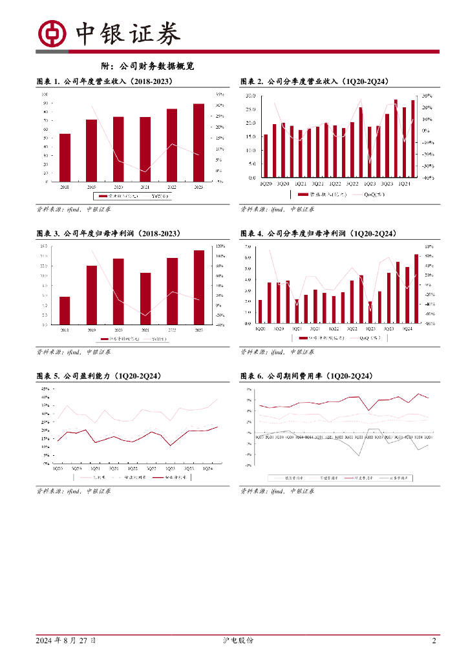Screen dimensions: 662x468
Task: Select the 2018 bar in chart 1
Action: (x=65, y=157)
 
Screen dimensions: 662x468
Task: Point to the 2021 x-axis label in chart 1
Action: (x=145, y=186)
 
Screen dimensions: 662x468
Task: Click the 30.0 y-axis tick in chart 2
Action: (x=251, y=96)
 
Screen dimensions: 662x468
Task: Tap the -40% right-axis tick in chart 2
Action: (x=428, y=177)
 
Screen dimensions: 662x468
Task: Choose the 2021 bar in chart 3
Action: (x=145, y=299)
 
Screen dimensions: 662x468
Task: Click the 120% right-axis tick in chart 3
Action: (x=220, y=246)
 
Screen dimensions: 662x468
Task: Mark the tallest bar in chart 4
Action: (x=416, y=288)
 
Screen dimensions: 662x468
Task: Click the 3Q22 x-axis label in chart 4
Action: (x=352, y=329)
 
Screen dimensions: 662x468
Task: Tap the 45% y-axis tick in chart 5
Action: (x=46, y=389)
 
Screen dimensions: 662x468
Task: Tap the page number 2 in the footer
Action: (x=434, y=641)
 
